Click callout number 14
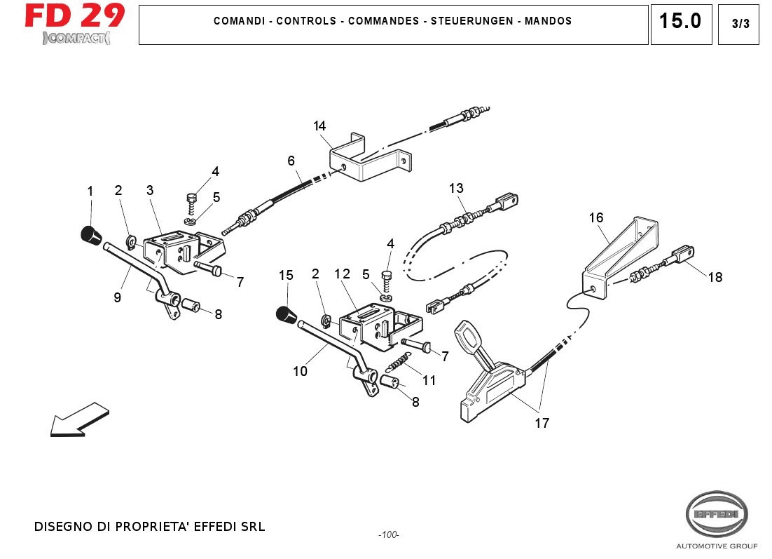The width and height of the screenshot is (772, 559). click(x=319, y=126)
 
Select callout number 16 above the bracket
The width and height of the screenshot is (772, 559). click(x=595, y=217)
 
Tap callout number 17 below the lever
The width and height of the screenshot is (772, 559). click(x=542, y=423)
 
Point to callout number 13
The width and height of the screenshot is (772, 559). click(x=456, y=188)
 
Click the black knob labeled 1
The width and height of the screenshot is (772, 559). click(x=89, y=234)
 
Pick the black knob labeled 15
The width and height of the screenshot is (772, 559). click(x=284, y=316)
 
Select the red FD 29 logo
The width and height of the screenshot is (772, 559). click(x=75, y=15)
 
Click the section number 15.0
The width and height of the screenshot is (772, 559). click(x=680, y=22)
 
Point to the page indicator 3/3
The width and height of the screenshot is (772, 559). click(x=740, y=24)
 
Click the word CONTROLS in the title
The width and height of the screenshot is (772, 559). click(x=306, y=21)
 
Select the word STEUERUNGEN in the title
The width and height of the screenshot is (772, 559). click(x=476, y=21)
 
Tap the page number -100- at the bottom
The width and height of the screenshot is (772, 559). click(x=388, y=535)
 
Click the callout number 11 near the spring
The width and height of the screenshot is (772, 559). click(x=429, y=381)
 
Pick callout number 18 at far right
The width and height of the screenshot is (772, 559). click(x=715, y=277)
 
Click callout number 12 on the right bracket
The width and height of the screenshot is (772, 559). click(x=342, y=274)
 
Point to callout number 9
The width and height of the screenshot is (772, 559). click(x=117, y=297)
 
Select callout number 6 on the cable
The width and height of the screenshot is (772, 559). click(x=291, y=161)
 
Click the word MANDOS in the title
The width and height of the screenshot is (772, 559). click(x=548, y=21)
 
